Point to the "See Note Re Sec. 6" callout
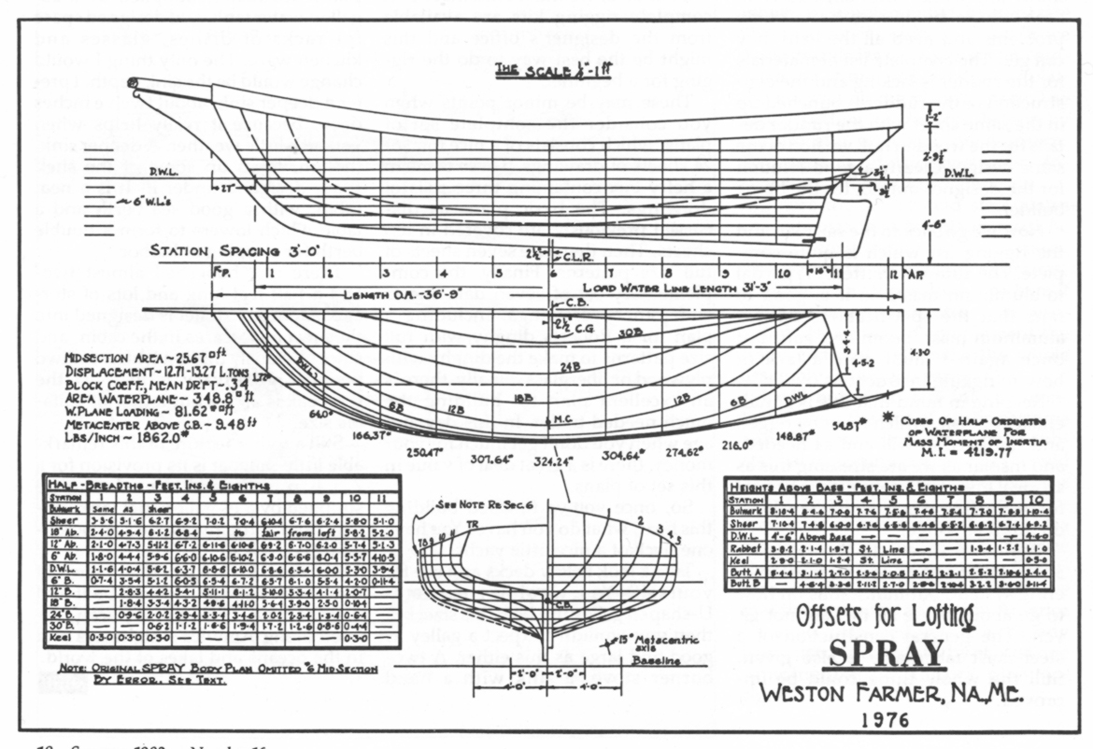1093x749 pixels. tap(478, 497)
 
